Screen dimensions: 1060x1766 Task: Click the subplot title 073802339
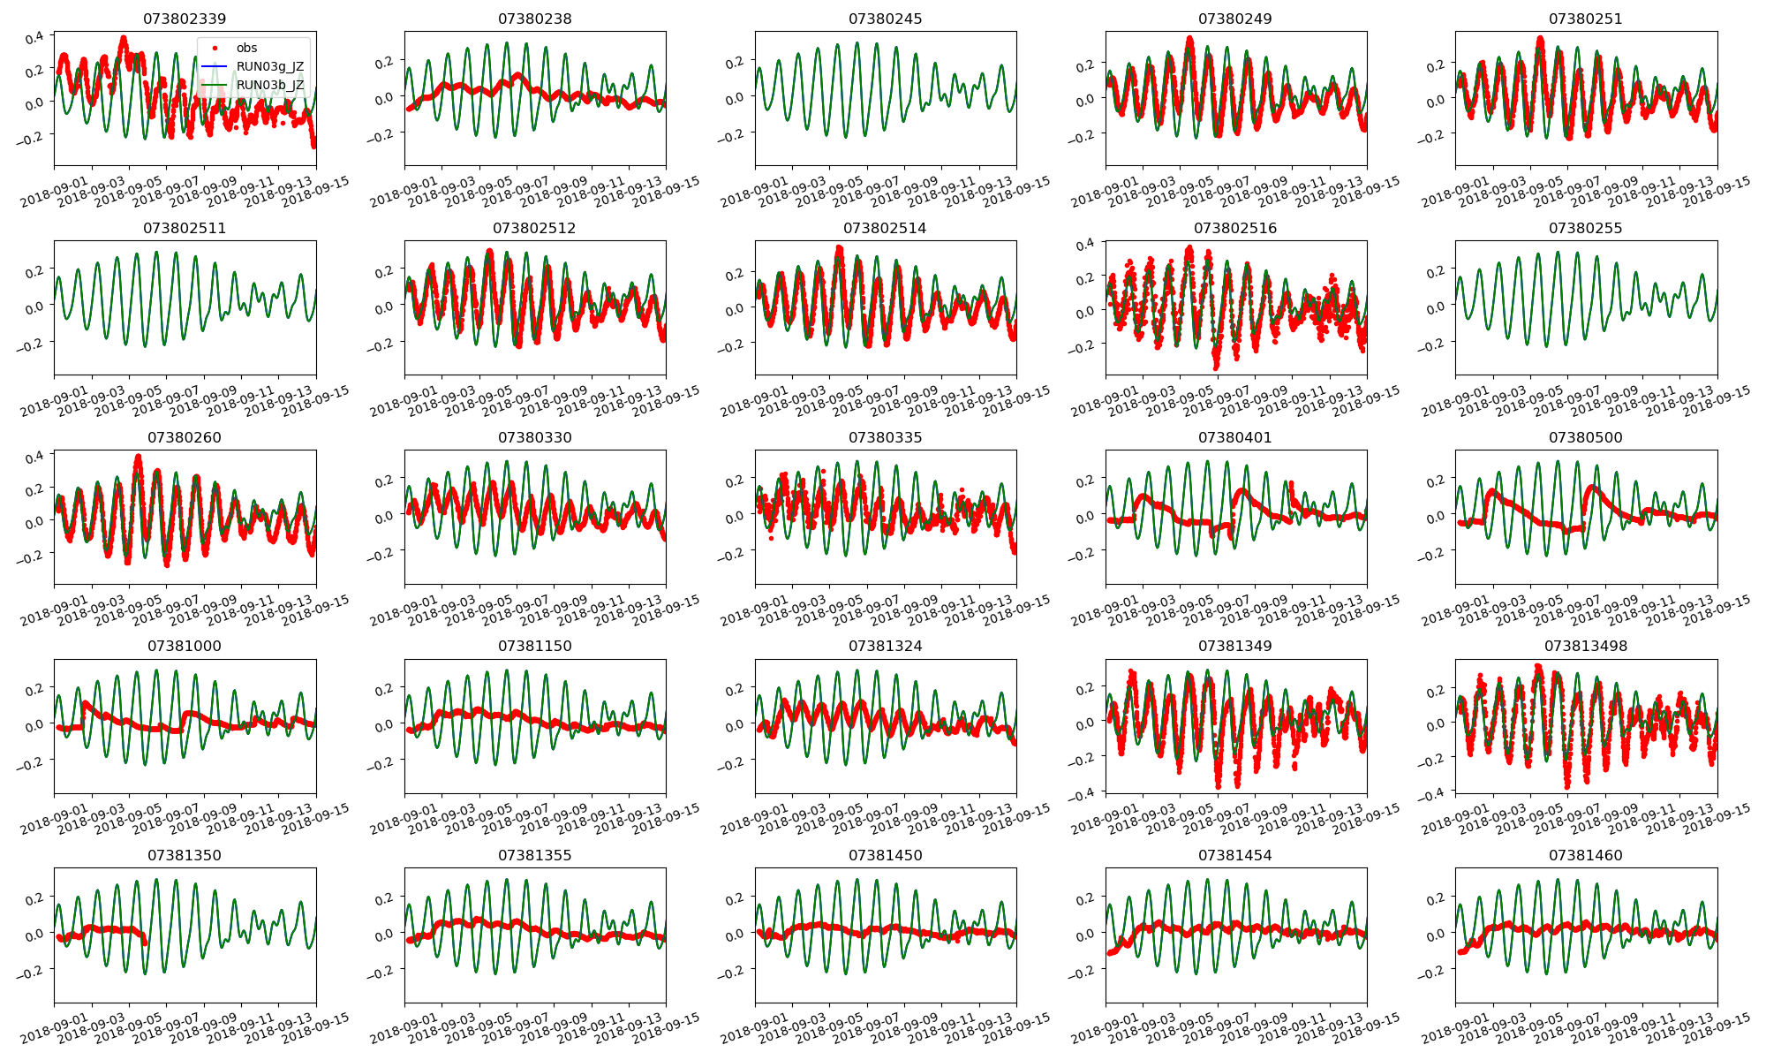coord(185,19)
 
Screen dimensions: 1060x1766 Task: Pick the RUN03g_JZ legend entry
coord(269,66)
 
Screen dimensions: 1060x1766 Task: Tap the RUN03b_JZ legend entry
coord(269,85)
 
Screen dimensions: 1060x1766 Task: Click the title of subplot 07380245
coord(885,19)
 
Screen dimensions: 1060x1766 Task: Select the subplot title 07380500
coord(1585,437)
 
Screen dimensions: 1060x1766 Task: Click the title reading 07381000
coord(185,646)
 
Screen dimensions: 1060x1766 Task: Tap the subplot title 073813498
coord(1585,646)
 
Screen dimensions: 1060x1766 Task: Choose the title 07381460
coord(1585,855)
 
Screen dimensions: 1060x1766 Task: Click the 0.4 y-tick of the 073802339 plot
coord(34,38)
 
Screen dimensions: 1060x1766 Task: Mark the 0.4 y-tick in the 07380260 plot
coord(34,457)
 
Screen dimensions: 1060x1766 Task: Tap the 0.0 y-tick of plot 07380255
coord(1436,307)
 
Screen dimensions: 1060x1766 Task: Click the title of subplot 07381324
coord(885,646)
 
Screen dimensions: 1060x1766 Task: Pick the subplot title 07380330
coord(534,437)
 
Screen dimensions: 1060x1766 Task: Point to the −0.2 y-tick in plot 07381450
coord(733,971)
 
